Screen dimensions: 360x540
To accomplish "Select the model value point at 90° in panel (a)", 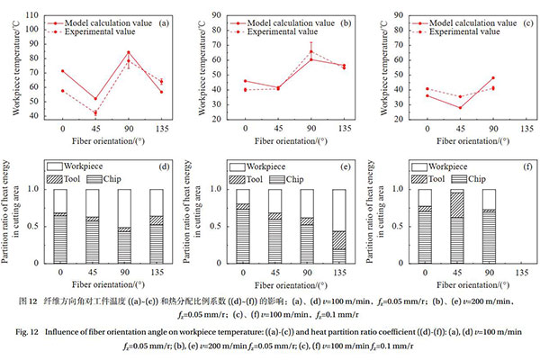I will click(128, 52).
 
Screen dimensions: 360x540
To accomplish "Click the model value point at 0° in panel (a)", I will click(62, 71).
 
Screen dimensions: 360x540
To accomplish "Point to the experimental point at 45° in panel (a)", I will click(95, 112).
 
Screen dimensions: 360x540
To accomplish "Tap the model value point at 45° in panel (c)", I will click(459, 108).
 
